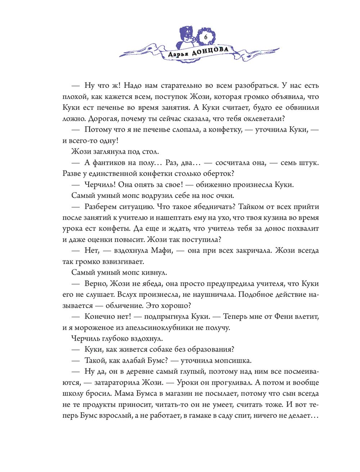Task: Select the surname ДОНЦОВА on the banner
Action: click(x=211, y=51)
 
